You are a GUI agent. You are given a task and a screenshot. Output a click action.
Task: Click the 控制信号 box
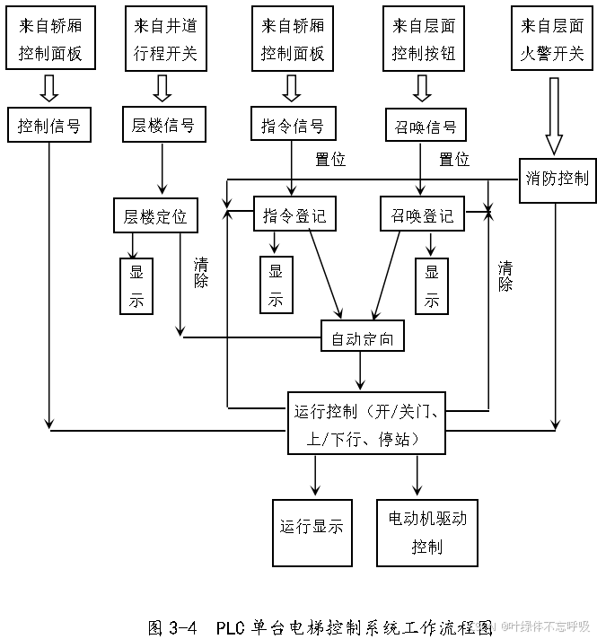(x=49, y=125)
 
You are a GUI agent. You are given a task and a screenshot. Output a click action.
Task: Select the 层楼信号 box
(x=162, y=125)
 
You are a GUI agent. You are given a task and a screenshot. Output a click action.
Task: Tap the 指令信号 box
(x=292, y=125)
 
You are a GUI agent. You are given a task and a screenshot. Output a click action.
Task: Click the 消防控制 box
(x=557, y=177)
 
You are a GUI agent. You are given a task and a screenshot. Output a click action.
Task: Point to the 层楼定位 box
(x=155, y=215)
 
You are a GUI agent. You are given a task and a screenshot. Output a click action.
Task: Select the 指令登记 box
(x=294, y=215)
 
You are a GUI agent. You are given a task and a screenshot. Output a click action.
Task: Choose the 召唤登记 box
(x=423, y=215)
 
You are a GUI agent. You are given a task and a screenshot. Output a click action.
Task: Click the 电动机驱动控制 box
(x=426, y=532)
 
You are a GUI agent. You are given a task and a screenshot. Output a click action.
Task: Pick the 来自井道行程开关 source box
(x=164, y=40)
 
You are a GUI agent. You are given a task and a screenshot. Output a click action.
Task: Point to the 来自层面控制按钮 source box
(x=424, y=40)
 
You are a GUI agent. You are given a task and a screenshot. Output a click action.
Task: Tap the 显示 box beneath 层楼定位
(x=136, y=285)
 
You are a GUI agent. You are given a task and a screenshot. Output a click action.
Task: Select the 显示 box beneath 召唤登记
(x=432, y=285)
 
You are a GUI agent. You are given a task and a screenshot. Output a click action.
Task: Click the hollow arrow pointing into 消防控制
(x=554, y=117)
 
